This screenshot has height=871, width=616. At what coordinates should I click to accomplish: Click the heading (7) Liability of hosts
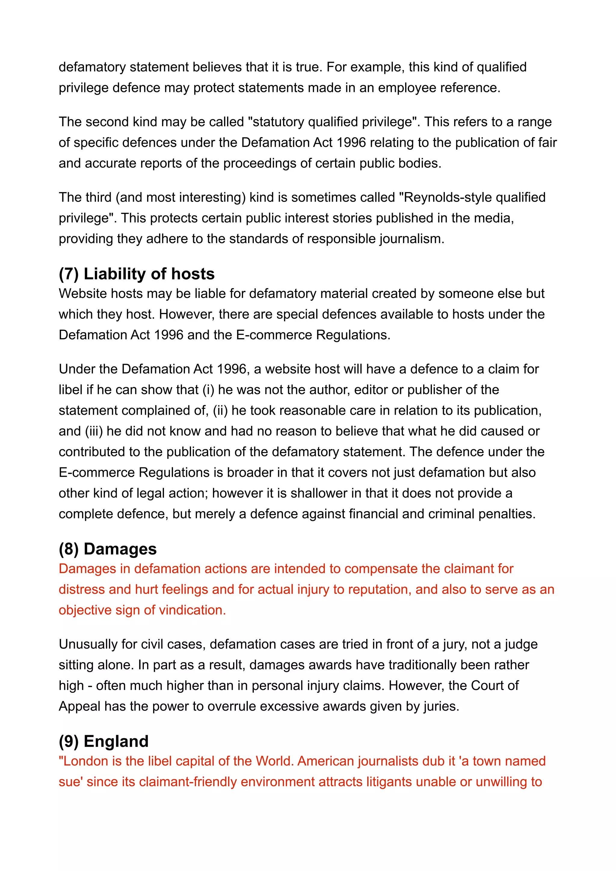click(x=137, y=274)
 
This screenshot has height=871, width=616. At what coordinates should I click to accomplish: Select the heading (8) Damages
click(x=107, y=549)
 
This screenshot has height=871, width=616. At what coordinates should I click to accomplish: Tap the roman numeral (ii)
click(x=220, y=411)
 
